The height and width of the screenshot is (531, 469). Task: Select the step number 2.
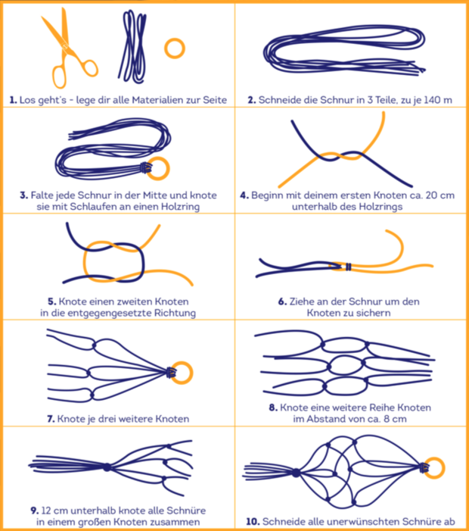coord(251,100)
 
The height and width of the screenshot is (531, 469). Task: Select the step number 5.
coord(51,301)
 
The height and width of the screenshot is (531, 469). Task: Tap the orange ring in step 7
coord(191,373)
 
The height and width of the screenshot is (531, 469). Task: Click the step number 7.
coord(51,419)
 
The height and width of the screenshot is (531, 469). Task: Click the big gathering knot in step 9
coord(107,467)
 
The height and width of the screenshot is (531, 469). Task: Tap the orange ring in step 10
coord(443,468)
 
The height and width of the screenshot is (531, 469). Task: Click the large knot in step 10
coord(296,473)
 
